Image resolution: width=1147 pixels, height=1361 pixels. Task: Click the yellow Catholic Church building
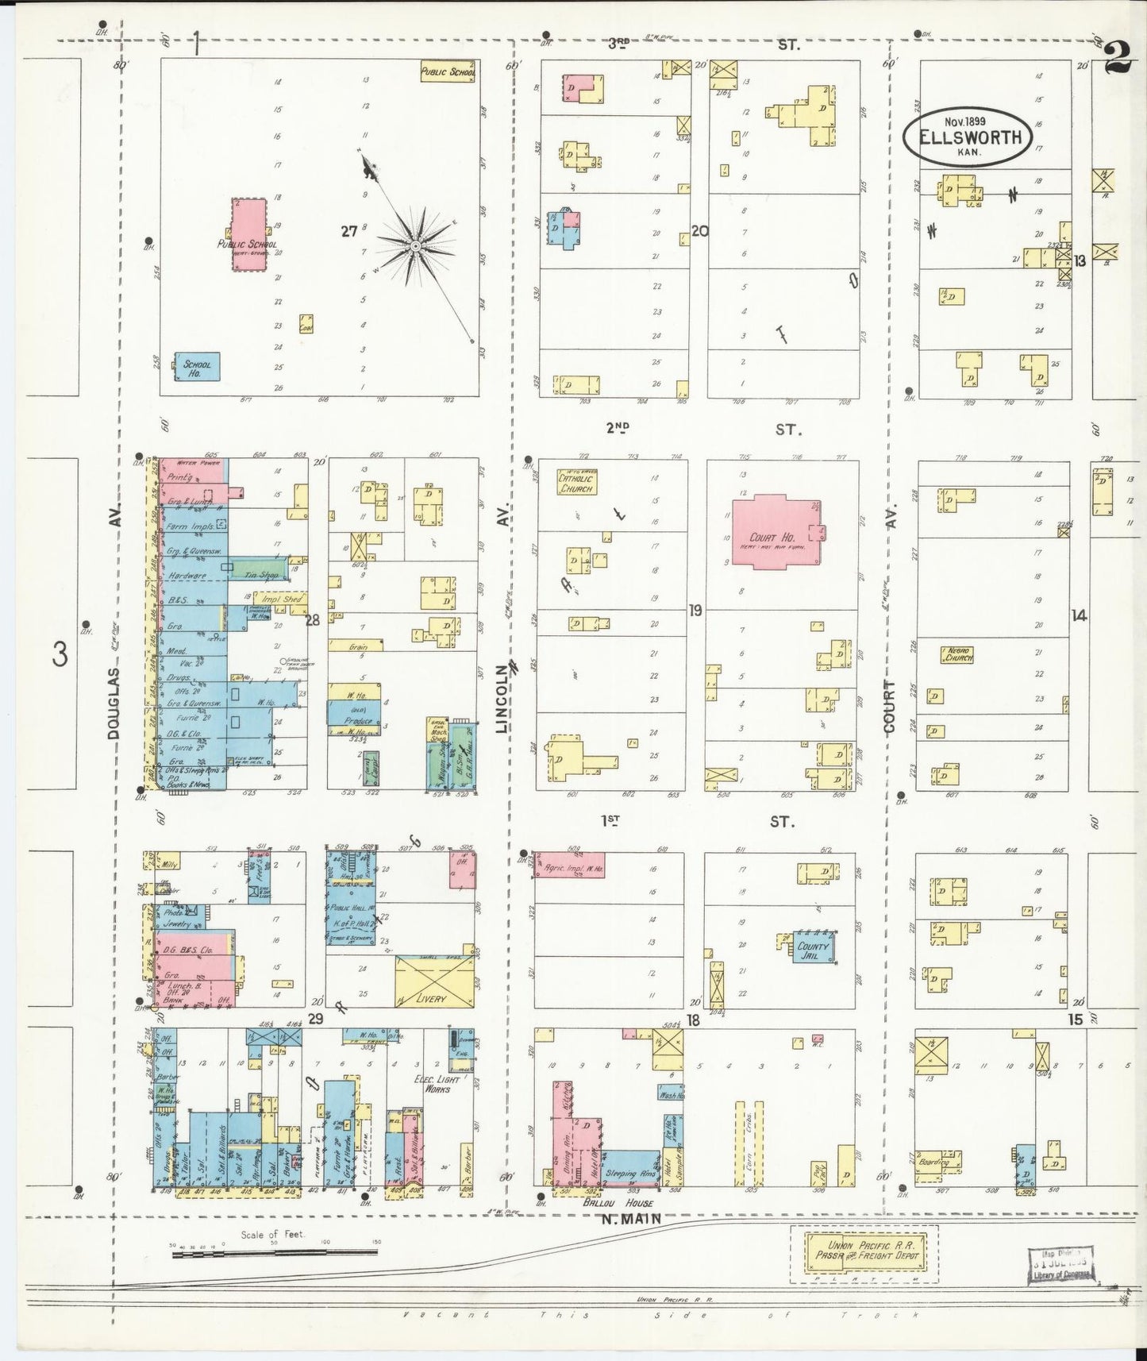tap(577, 483)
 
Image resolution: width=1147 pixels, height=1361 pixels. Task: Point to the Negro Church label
tap(957, 655)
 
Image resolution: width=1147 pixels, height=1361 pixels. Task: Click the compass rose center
tap(414, 247)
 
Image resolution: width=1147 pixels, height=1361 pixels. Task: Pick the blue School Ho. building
tap(196, 367)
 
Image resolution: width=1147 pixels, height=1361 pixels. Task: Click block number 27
tap(348, 231)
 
